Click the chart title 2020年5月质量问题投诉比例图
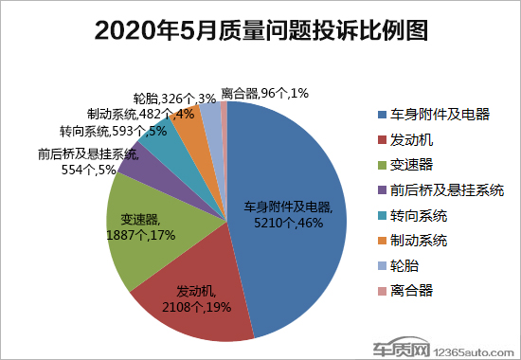[x=260, y=30]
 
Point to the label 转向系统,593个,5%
[x=100, y=132]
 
